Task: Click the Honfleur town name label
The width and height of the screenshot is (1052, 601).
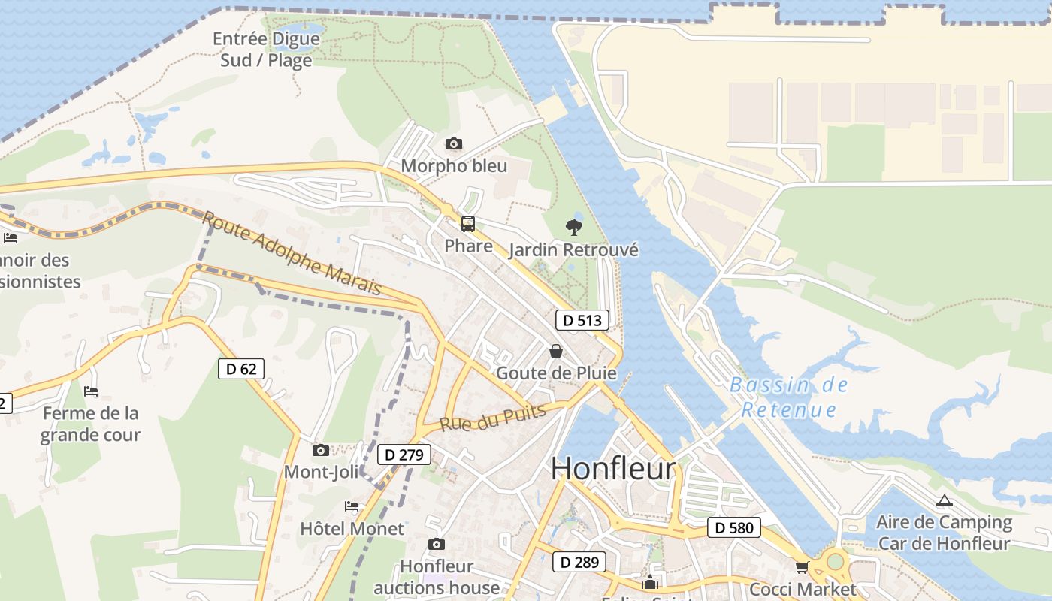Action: point(613,468)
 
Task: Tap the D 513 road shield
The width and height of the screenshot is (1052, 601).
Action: point(582,320)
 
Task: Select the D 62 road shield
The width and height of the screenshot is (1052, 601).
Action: point(241,368)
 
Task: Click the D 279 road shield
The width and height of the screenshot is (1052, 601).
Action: point(404,455)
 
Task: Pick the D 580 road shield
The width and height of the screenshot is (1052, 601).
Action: point(733,527)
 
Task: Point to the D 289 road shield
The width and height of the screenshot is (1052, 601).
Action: point(579,561)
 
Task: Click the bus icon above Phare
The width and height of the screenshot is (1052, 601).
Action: point(468,224)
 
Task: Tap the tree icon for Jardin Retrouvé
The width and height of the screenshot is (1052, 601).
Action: point(574,227)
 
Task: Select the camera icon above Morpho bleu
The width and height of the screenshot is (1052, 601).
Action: point(453,143)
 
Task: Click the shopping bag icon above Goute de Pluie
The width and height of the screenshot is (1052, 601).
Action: point(555,351)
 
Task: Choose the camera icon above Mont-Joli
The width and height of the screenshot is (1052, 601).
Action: point(321,450)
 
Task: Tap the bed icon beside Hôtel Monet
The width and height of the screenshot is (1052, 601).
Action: point(351,506)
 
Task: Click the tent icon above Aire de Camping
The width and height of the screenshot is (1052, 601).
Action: point(944,500)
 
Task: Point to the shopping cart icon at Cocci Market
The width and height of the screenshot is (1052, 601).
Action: point(802,567)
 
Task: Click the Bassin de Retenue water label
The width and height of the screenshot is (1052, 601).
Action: point(788,397)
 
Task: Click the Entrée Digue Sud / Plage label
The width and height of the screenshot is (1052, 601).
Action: point(266,50)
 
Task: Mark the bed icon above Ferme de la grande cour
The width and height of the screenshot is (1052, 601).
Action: point(91,391)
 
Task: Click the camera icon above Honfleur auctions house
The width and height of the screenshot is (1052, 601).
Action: point(436,544)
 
